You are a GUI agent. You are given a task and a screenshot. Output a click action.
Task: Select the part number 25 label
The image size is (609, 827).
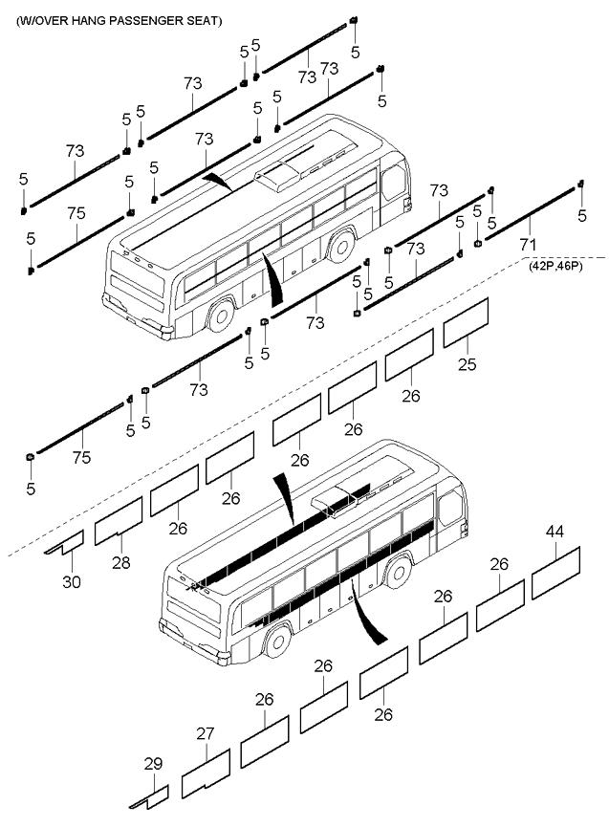coord(467,365)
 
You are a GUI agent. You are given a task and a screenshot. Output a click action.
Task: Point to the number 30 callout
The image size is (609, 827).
coord(73,580)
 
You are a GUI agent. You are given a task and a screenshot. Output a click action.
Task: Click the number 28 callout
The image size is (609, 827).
coord(120,563)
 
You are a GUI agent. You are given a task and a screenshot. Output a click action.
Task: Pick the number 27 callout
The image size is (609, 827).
coord(206,734)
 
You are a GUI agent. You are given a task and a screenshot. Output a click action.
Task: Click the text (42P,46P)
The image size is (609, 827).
coord(555,269)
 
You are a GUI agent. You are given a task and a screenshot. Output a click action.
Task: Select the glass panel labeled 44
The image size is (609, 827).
coord(556,572)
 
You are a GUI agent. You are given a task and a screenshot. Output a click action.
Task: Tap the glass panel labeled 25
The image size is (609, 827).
coord(466,321)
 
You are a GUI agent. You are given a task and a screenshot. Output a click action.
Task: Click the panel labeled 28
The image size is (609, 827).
coord(119,521)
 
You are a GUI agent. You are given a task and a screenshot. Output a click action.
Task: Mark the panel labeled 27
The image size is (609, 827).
coord(207,773)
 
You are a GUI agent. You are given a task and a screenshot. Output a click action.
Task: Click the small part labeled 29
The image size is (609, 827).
coord(151,795)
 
